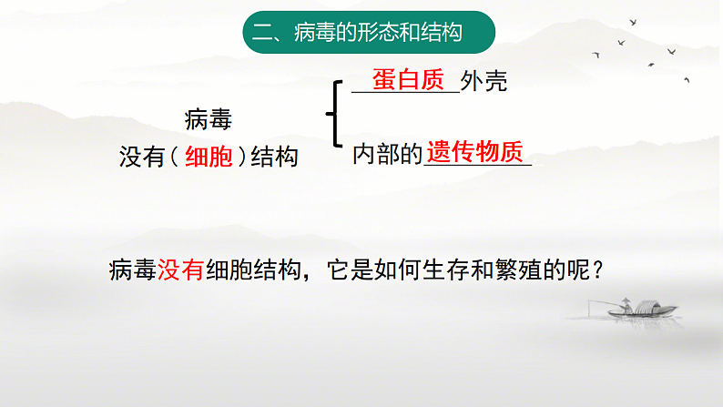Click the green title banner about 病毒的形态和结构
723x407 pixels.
pos(369,34)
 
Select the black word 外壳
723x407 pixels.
pos(484,82)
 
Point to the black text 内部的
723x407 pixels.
pos(388,154)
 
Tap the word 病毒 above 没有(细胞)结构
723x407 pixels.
pos(209,118)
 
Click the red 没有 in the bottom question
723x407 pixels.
pos(180,270)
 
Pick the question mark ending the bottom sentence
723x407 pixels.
pos(598,270)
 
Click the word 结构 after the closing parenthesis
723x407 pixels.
pos(275,157)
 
